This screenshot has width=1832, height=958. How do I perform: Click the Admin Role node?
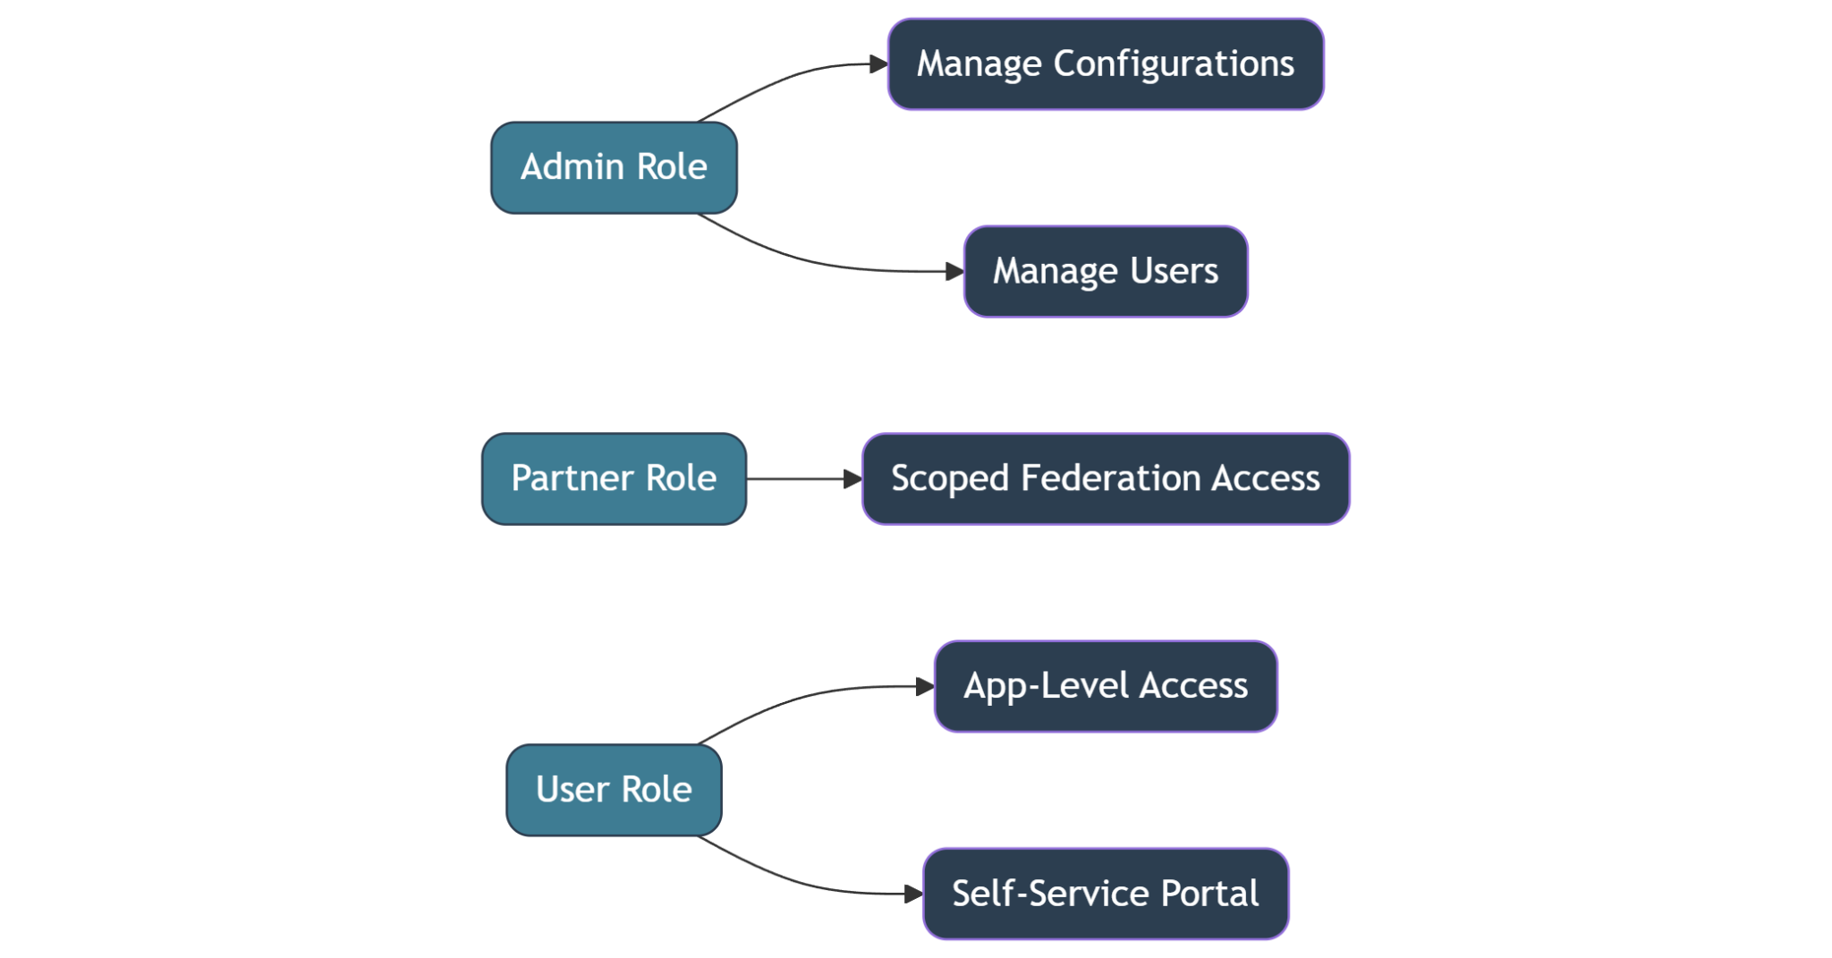[614, 168]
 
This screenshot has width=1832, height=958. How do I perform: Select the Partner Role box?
[614, 479]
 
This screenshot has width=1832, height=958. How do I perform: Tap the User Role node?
[614, 790]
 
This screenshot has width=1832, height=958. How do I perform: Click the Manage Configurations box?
[1106, 64]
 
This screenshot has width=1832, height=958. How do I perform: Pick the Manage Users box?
[1106, 271]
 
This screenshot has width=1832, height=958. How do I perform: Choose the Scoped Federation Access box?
[1106, 479]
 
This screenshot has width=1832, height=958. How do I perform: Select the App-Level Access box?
[1106, 686]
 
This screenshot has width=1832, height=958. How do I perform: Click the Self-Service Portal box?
[1106, 894]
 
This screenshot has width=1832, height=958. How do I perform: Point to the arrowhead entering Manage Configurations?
[878, 64]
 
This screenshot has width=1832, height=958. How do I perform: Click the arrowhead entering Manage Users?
[954, 271]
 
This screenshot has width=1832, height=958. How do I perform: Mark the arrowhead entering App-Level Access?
[925, 687]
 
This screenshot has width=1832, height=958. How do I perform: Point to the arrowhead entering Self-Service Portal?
[913, 894]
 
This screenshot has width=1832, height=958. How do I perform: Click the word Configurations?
[1174, 64]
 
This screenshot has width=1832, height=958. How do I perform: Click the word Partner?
[572, 479]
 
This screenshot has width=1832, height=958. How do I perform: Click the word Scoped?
[950, 479]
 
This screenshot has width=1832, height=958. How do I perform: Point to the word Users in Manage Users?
[1174, 271]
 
